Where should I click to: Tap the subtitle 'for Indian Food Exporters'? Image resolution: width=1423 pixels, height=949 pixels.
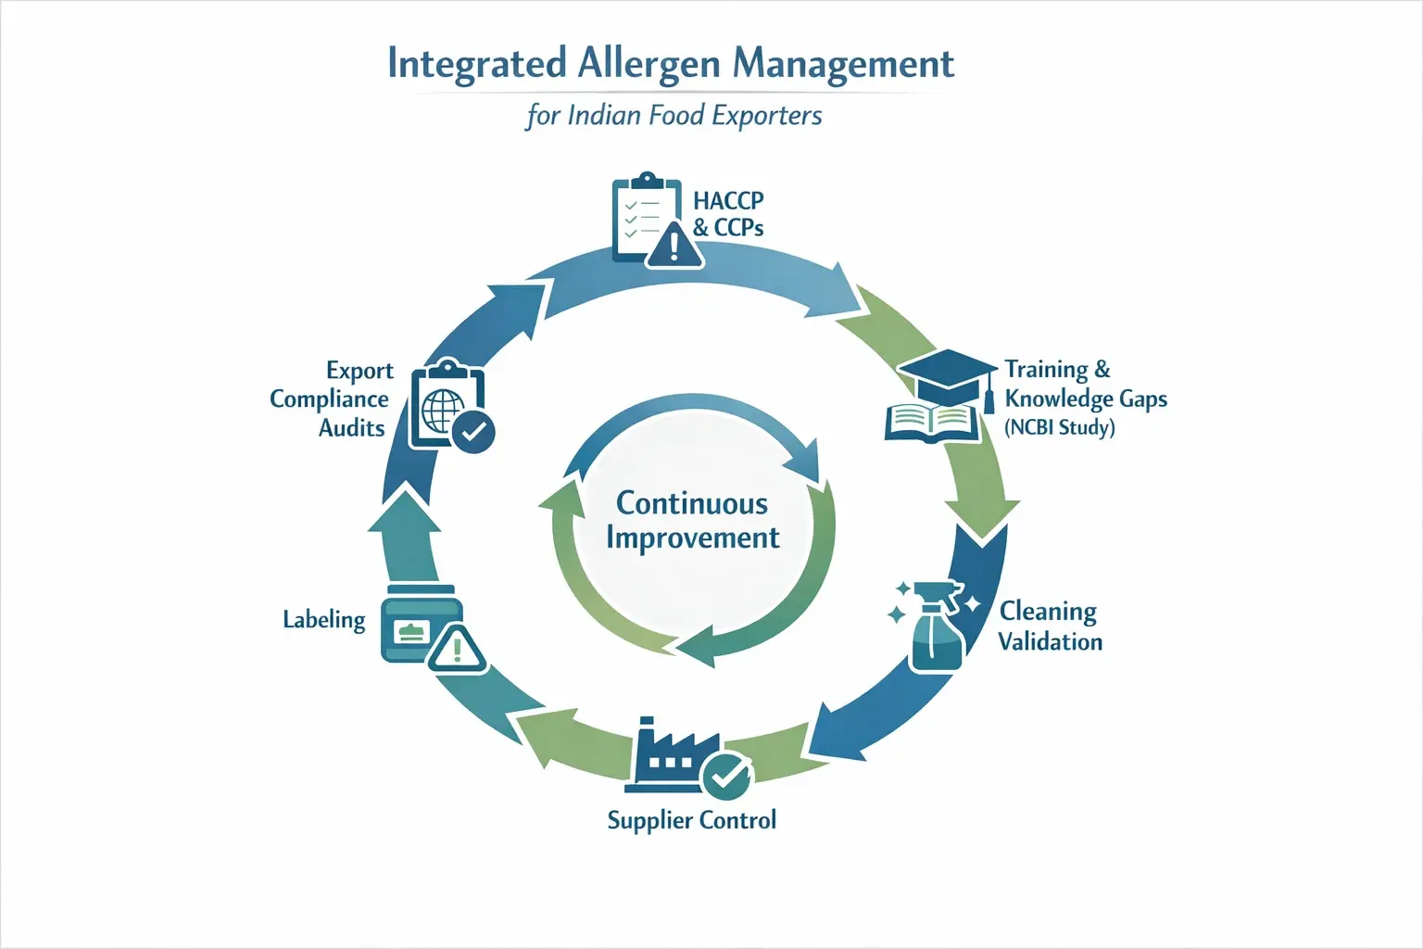(674, 116)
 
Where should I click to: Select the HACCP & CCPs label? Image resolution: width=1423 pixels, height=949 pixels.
(728, 214)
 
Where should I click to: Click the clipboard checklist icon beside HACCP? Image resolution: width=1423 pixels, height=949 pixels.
(640, 216)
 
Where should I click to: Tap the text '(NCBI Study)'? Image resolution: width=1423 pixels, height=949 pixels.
(1059, 428)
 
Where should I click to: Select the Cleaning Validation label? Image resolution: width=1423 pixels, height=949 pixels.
(1050, 626)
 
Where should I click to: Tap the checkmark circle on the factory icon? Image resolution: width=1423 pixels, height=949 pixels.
(726, 777)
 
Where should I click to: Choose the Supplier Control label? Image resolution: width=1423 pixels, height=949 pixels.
(691, 820)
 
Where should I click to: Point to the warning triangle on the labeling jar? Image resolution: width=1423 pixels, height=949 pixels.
(457, 648)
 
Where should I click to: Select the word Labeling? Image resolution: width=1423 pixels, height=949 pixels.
(324, 619)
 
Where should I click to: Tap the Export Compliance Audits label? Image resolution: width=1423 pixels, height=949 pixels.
(331, 399)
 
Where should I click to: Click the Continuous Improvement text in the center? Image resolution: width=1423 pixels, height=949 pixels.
(692, 520)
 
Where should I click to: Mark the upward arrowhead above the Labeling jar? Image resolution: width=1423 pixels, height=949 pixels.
(404, 512)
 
